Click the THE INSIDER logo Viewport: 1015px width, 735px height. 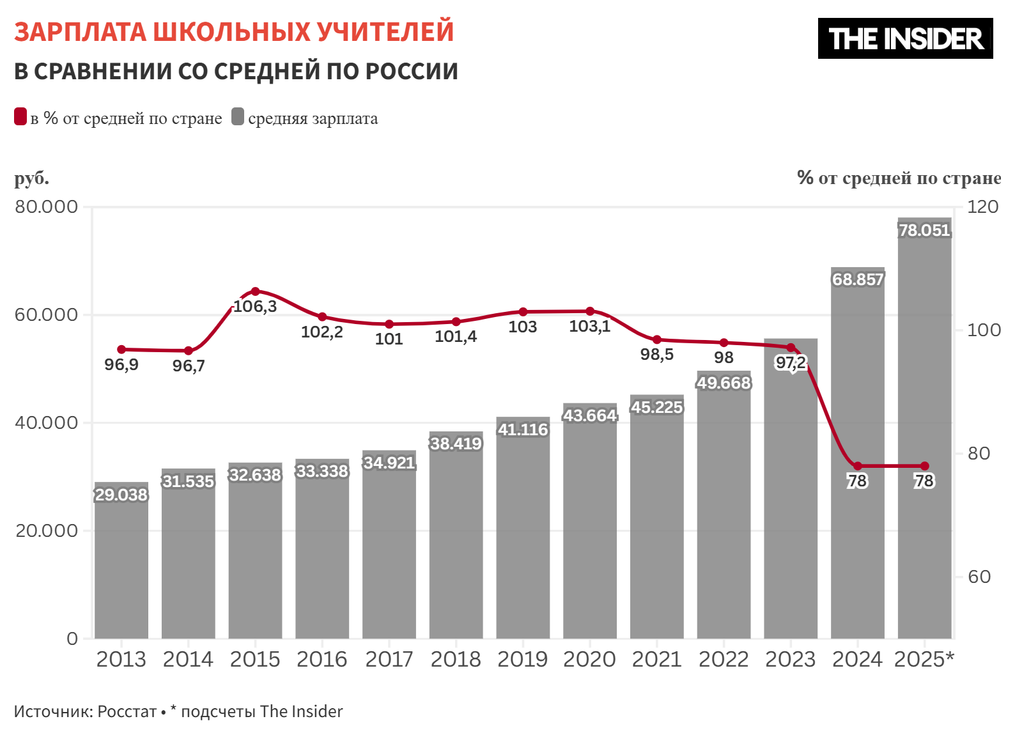click(x=905, y=38)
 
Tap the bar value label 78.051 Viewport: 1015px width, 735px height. click(x=924, y=230)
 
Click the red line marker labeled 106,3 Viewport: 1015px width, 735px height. click(x=255, y=291)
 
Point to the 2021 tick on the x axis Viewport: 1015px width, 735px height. click(x=656, y=659)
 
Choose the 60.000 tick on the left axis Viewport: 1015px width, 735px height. click(x=46, y=314)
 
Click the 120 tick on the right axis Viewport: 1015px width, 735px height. click(x=982, y=206)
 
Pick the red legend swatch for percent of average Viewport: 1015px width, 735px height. click(x=20, y=117)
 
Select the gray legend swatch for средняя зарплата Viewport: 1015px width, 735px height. click(x=238, y=117)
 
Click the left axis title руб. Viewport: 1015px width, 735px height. click(x=31, y=178)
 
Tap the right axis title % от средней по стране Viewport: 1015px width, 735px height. click(x=899, y=178)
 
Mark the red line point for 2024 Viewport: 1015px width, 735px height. click(x=858, y=466)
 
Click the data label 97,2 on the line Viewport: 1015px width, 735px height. click(x=790, y=363)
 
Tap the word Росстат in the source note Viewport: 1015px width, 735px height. click(x=127, y=711)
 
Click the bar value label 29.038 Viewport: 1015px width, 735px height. click(x=121, y=495)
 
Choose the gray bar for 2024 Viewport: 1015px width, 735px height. click(x=858, y=543)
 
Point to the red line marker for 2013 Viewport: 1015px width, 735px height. click(x=121, y=350)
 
